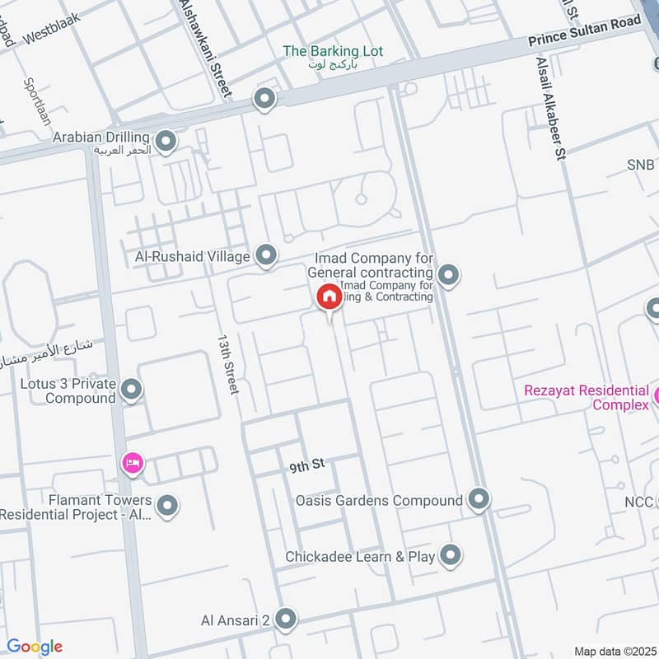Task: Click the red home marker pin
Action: coord(329,296)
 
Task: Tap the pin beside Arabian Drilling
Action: coord(166,142)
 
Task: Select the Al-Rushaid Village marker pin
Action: coord(265,256)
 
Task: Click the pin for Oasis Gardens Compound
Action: coord(478,499)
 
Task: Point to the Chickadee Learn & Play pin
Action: coord(450,556)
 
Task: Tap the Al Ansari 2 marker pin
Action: coord(285,618)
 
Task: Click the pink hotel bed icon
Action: coord(132,465)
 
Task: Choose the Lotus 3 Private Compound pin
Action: coord(131,390)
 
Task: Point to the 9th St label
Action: coord(307,466)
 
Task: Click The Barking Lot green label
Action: coord(333,51)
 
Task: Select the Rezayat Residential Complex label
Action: coord(587,397)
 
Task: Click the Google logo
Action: coord(35,647)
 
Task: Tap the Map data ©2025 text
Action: coord(613,651)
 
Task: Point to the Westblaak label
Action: coord(49,37)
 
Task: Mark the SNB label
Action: coord(640,165)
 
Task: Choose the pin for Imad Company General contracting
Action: coord(447,275)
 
